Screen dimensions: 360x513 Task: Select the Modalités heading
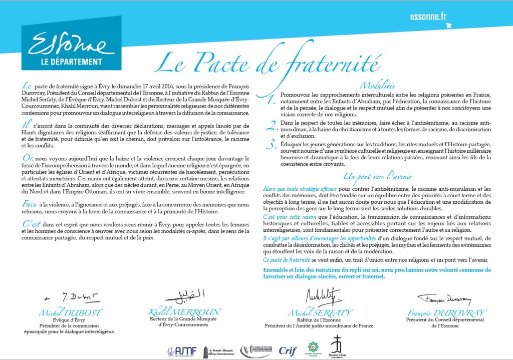377,86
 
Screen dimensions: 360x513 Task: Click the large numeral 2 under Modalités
271,126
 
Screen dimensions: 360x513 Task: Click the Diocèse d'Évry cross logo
336,347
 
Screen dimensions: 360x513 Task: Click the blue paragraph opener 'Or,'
28,158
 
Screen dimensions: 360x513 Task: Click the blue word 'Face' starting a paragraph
30,204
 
